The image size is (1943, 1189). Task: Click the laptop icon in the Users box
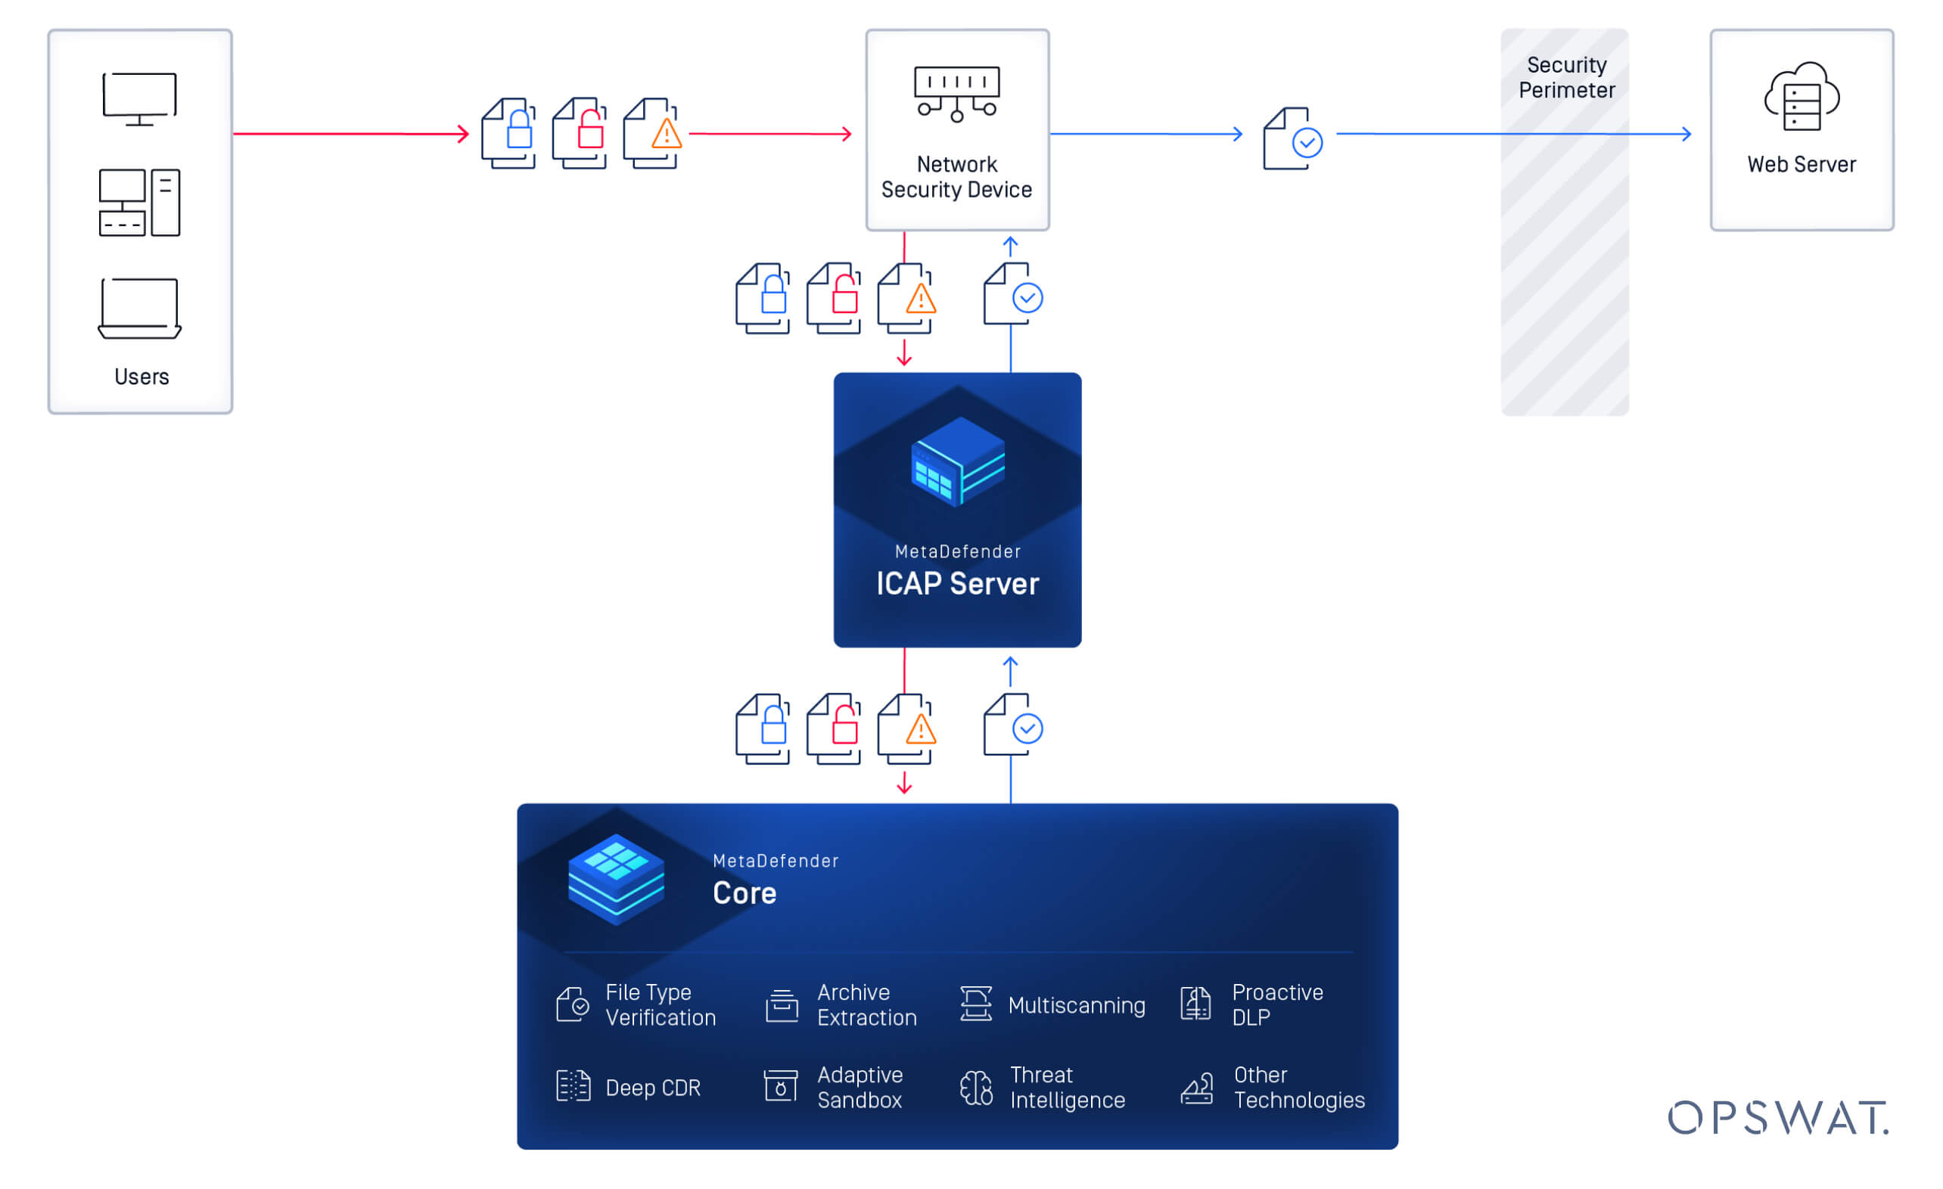(x=139, y=309)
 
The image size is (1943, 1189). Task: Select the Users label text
(x=141, y=377)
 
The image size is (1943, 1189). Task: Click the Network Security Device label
(x=956, y=178)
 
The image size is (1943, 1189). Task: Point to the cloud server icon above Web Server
(x=1801, y=96)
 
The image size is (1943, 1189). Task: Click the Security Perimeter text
(x=1566, y=77)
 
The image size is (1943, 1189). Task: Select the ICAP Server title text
(x=957, y=584)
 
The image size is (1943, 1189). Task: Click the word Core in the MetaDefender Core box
(x=745, y=893)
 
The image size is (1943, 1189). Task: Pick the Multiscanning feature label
(x=1077, y=1005)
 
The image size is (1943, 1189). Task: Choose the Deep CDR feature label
(x=653, y=1088)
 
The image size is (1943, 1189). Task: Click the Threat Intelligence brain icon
(x=976, y=1088)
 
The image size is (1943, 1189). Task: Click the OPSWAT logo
(x=1778, y=1117)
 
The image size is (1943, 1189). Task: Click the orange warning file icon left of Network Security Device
(x=651, y=133)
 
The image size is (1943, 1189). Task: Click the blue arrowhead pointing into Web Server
(x=1687, y=134)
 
